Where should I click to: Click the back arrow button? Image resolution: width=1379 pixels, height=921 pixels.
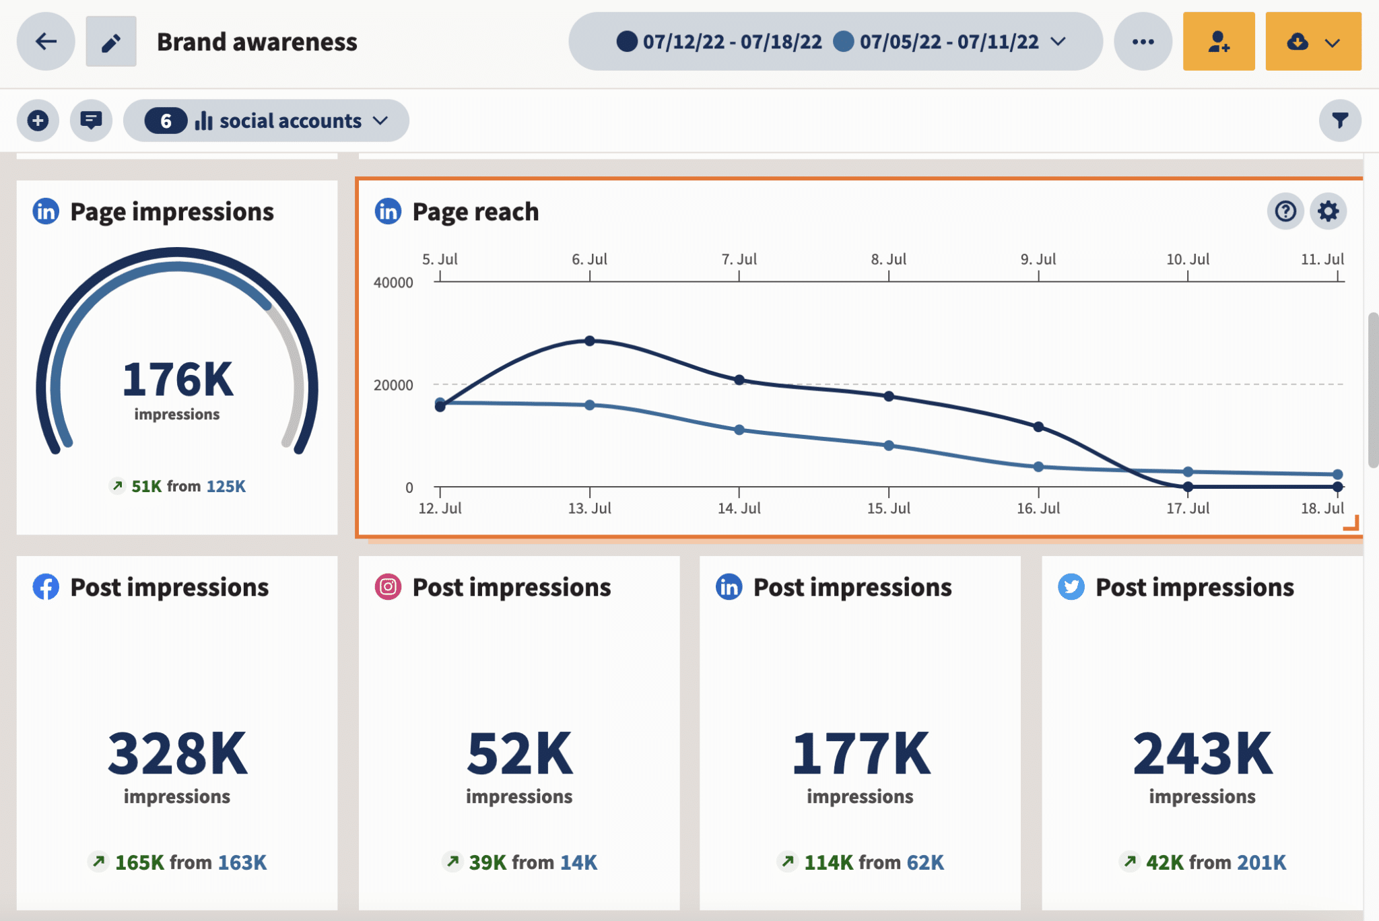(x=46, y=42)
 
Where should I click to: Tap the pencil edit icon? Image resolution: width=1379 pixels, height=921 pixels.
(x=111, y=42)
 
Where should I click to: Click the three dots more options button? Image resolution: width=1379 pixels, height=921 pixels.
(x=1143, y=42)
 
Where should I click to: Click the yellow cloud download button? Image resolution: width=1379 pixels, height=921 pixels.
(x=1312, y=42)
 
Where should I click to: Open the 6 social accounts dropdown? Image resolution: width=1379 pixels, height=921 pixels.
(x=266, y=121)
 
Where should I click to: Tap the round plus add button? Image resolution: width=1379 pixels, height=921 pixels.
(x=38, y=121)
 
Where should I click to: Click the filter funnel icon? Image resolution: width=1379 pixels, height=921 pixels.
(x=1339, y=121)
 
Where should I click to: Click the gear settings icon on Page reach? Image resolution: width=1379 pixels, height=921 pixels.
(x=1328, y=211)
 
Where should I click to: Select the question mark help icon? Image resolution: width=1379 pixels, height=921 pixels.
(x=1285, y=211)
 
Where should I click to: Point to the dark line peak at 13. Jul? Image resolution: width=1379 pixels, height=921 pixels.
(x=590, y=341)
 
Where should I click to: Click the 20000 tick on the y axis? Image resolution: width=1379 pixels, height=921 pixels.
(x=393, y=385)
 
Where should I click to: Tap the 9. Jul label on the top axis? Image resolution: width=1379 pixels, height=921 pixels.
(x=1038, y=259)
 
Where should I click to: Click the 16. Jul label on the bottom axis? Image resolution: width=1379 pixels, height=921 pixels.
(x=1038, y=508)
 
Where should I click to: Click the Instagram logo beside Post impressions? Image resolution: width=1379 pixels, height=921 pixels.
(x=388, y=587)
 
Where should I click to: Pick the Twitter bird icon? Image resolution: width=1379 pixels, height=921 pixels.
(x=1071, y=587)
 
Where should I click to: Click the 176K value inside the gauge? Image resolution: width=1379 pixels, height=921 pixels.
(x=177, y=380)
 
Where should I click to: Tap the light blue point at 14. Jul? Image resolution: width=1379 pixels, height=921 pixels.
(x=739, y=430)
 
